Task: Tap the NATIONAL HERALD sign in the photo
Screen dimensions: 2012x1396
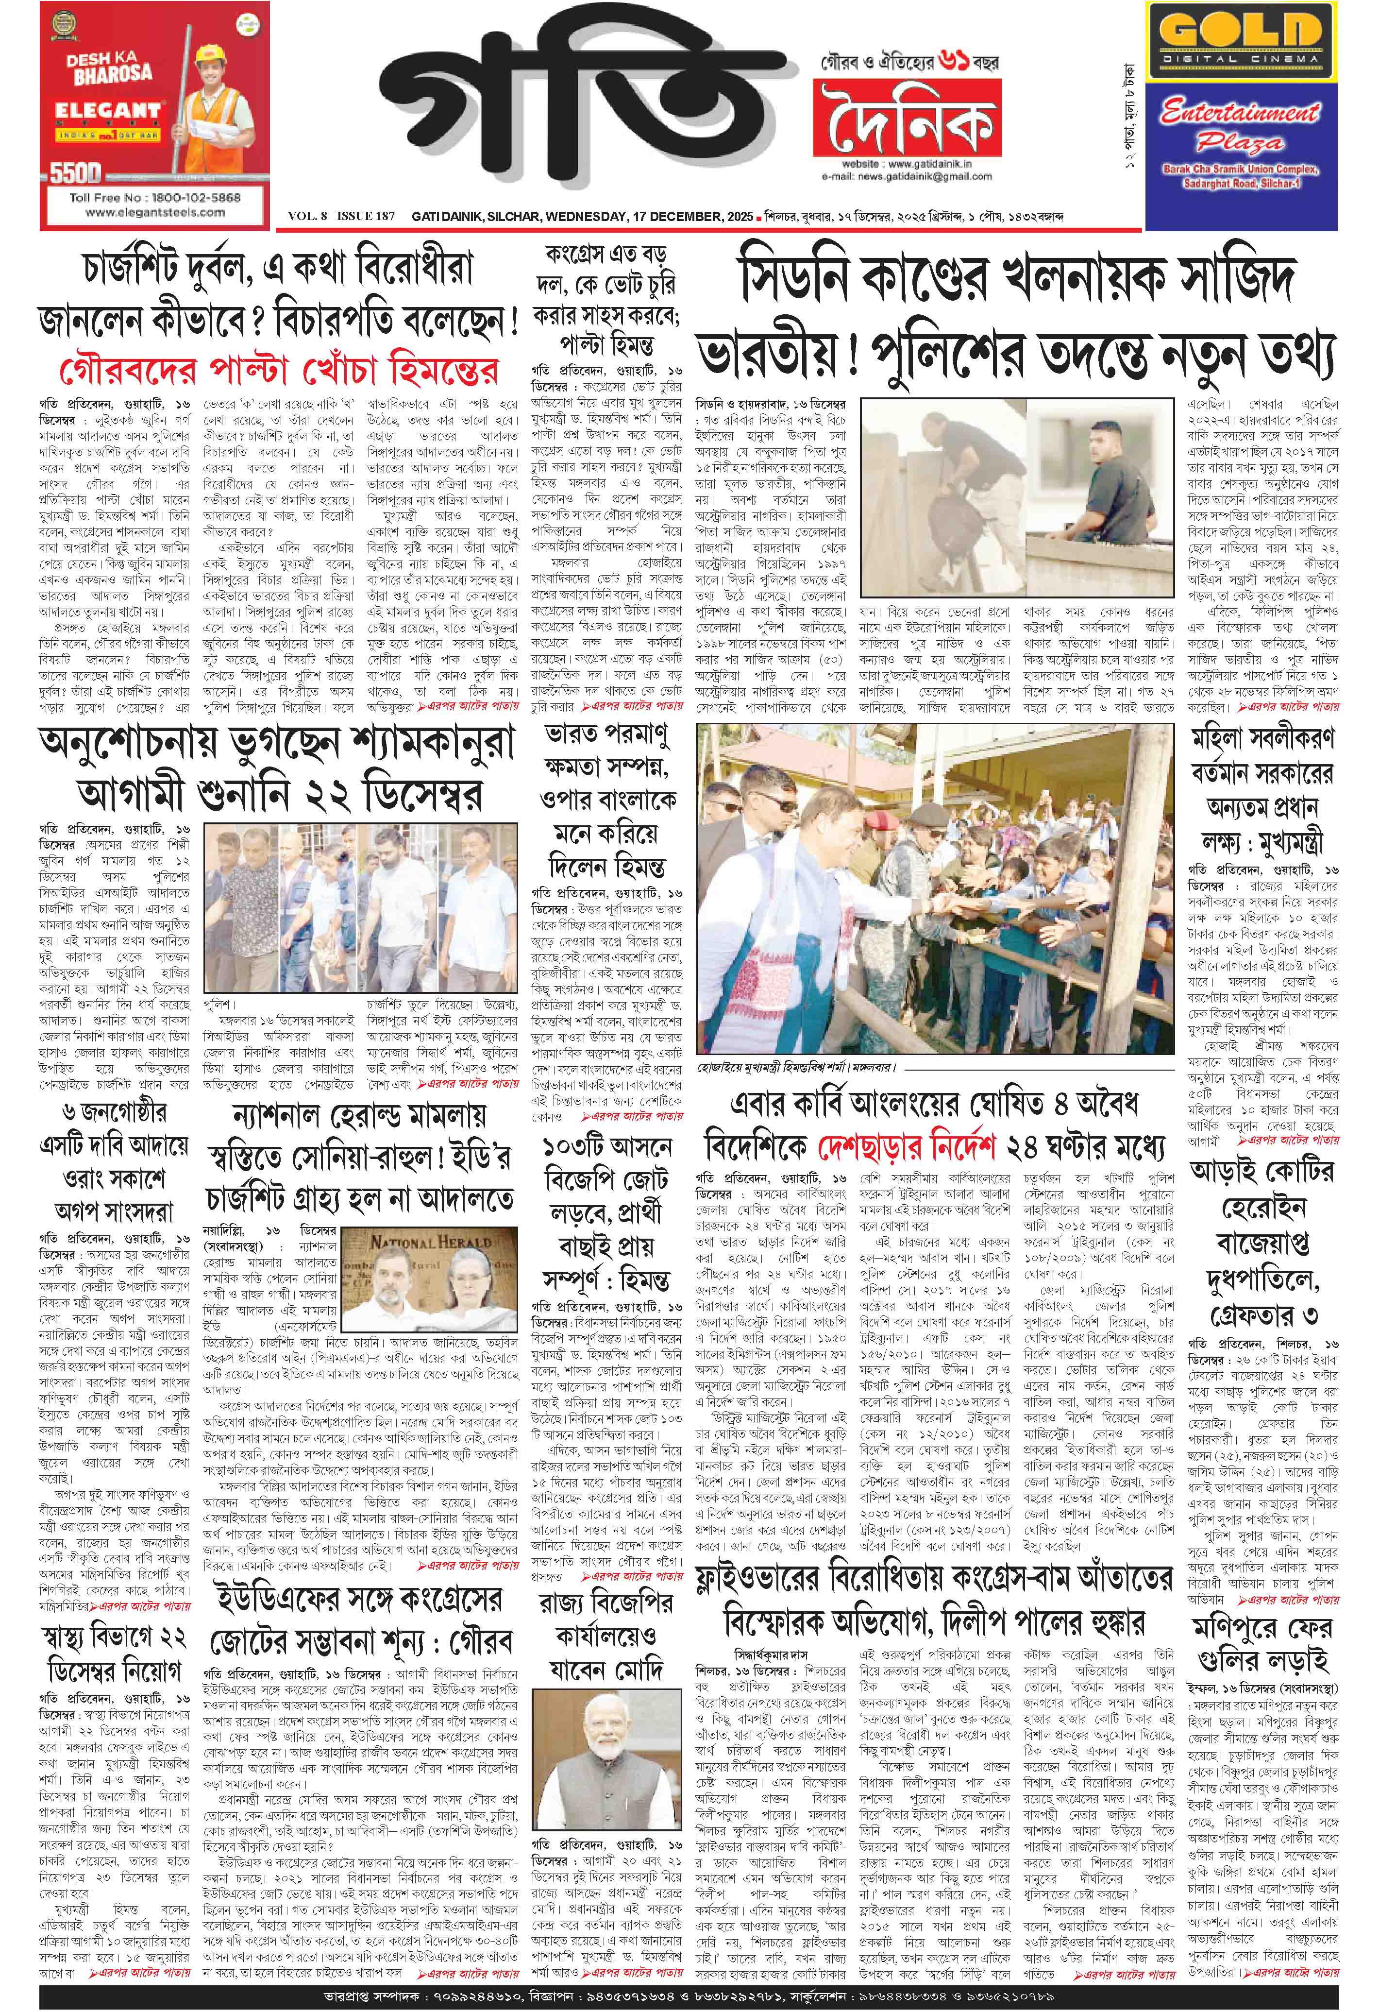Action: [418, 1242]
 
